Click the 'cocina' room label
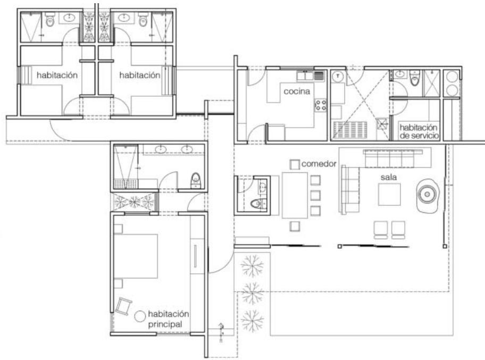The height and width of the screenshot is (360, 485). (x=297, y=91)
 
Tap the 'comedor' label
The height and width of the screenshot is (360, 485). (x=319, y=164)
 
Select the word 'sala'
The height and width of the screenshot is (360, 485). (x=389, y=177)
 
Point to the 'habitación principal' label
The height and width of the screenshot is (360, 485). (x=168, y=319)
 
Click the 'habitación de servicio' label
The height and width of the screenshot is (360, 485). (x=419, y=131)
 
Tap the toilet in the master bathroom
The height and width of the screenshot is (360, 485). (x=196, y=180)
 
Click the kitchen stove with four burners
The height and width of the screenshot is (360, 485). (x=321, y=105)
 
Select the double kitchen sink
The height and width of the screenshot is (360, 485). (x=310, y=76)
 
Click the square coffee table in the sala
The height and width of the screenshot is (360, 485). (x=389, y=194)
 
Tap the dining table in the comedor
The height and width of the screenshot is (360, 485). (x=295, y=195)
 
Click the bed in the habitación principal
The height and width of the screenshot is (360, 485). (x=136, y=256)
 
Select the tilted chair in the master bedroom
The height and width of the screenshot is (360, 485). (x=123, y=306)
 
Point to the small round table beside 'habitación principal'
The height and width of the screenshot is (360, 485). (x=140, y=316)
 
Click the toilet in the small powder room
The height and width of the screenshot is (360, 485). (x=257, y=204)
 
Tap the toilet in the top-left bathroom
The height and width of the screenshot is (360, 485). (x=50, y=20)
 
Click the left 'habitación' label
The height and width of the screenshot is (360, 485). (x=57, y=75)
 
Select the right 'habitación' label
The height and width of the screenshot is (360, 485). (x=140, y=75)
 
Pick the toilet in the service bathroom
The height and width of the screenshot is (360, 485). (x=414, y=79)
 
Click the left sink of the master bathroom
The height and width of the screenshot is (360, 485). (x=161, y=150)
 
